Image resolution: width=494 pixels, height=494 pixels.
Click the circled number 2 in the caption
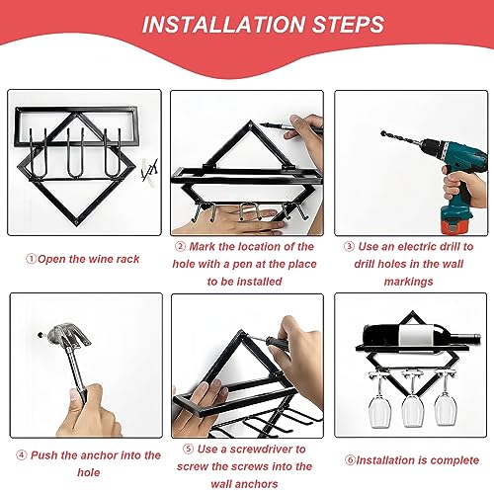coord(180,246)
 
